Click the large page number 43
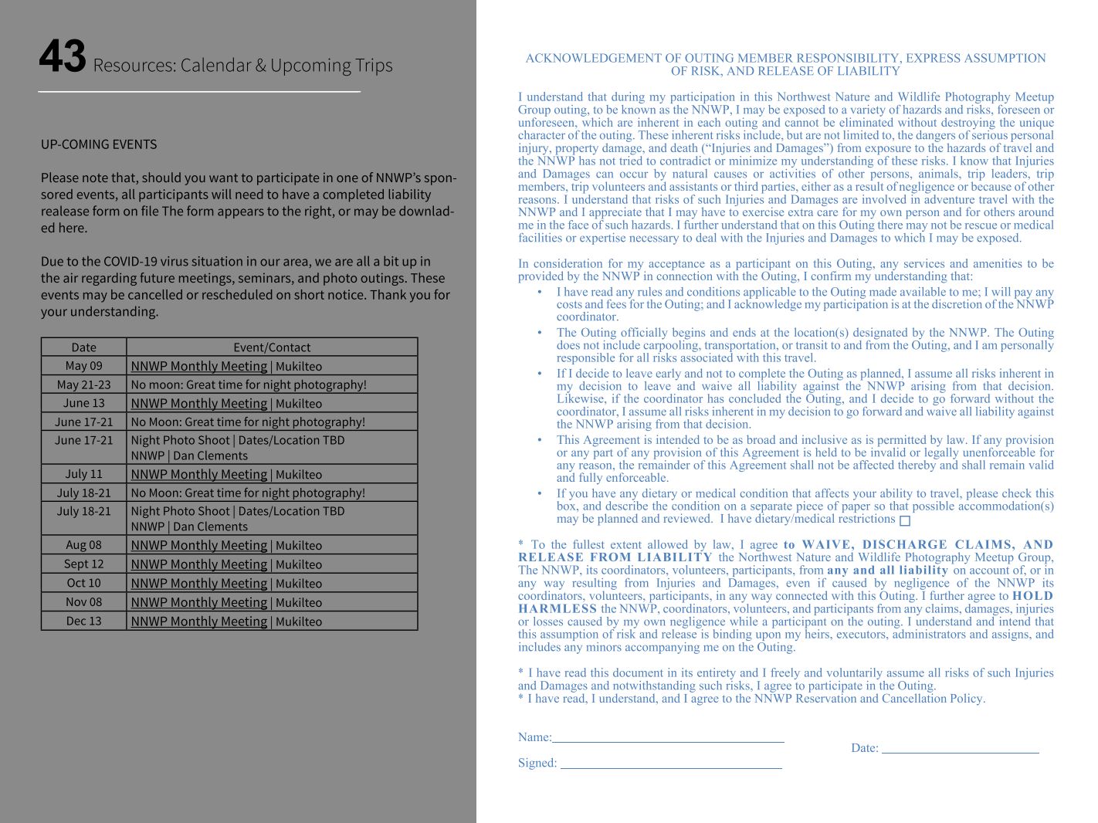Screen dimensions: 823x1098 coord(63,57)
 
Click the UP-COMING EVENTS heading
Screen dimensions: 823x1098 coord(99,144)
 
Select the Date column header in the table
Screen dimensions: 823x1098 coord(83,347)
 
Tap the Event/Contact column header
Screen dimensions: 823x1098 coord(272,347)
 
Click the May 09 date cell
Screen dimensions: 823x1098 coord(83,366)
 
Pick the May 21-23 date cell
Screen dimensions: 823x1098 coord(83,384)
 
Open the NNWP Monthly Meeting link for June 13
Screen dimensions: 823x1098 coord(199,404)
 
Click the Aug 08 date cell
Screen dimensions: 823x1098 coord(83,545)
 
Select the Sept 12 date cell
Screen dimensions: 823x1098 coord(83,564)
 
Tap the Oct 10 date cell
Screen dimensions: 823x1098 coord(83,583)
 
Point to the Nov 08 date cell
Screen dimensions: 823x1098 coord(83,602)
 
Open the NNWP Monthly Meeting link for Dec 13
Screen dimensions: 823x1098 coord(199,621)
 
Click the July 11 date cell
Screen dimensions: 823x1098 coord(83,474)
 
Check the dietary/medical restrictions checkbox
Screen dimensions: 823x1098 coord(905,521)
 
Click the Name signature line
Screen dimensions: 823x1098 coord(668,737)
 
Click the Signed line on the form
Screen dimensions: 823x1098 coord(670,763)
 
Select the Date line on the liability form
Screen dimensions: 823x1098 coord(960,747)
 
